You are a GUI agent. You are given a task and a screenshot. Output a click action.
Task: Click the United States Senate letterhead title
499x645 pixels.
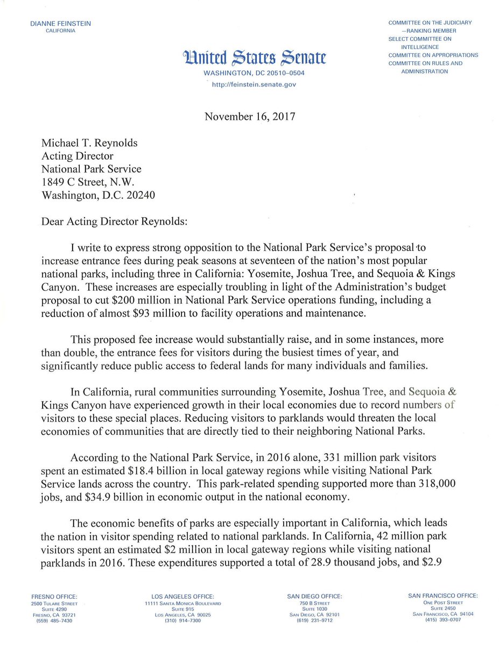[x=254, y=58]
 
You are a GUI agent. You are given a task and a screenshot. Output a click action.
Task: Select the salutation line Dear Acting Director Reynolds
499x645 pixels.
[x=115, y=221]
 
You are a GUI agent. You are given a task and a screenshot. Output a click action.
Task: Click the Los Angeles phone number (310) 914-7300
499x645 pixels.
[x=183, y=621]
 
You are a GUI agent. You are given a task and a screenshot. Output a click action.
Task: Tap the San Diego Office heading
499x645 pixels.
[x=314, y=596]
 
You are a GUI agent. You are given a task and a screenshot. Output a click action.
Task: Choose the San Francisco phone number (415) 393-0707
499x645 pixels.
[x=442, y=620]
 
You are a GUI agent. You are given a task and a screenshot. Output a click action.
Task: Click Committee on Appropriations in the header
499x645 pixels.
[x=433, y=55]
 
